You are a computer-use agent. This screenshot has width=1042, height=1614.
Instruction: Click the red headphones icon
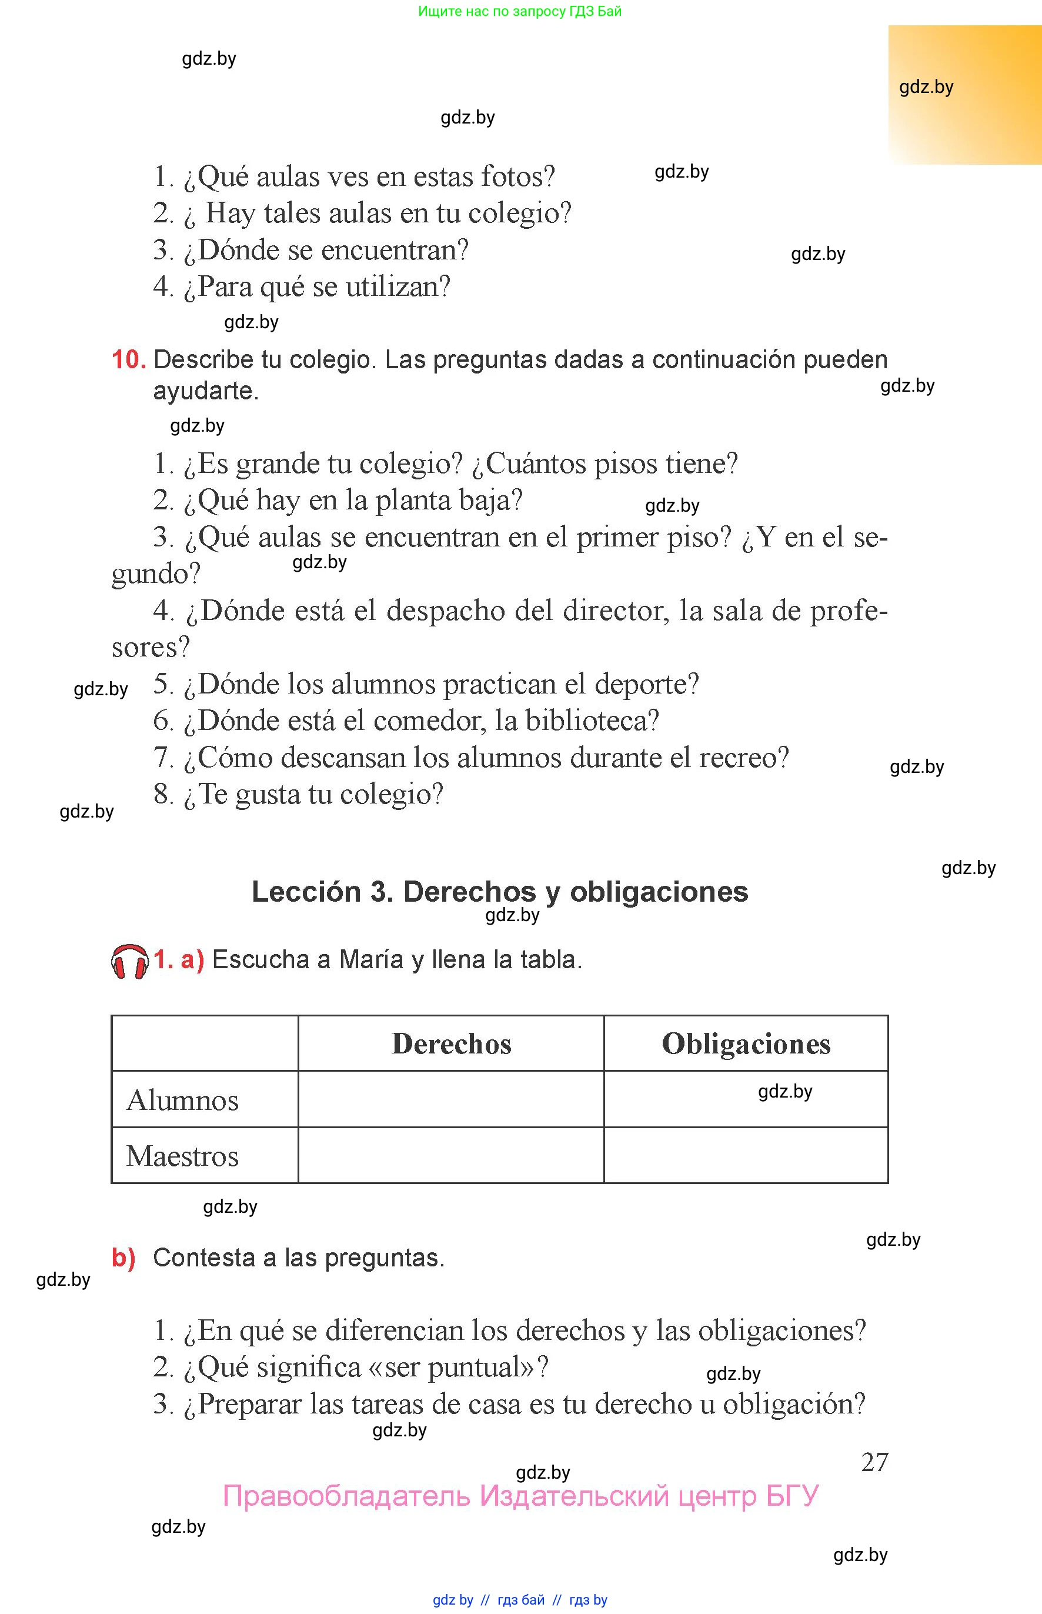(129, 962)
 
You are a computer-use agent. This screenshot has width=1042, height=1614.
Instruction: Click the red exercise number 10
(129, 359)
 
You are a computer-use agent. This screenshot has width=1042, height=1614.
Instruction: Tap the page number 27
(874, 1462)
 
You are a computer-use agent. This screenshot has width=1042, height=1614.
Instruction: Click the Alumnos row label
(183, 1101)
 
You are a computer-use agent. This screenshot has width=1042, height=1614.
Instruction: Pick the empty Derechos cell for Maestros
(450, 1156)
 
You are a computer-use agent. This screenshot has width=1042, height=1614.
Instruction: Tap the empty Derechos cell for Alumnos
(450, 1100)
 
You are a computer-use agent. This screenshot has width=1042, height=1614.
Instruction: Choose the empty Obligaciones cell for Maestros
(746, 1156)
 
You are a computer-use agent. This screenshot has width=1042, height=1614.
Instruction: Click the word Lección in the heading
(306, 892)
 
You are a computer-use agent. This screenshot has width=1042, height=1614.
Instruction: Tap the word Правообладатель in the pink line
(346, 1496)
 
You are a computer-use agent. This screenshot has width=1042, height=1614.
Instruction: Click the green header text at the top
(520, 11)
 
